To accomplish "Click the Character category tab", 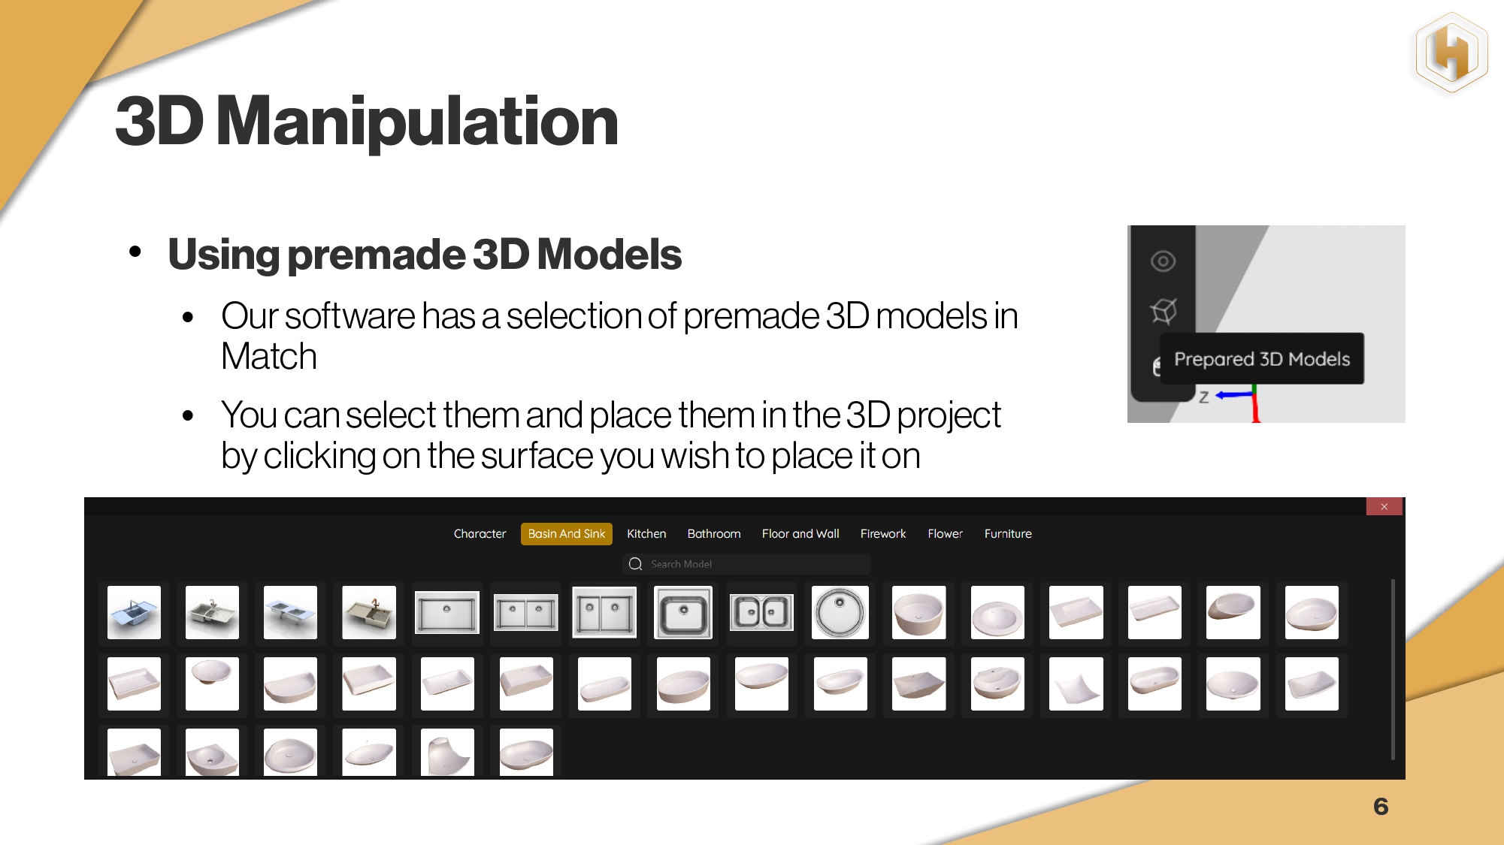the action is (x=480, y=533).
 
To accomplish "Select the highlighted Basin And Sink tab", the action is (x=566, y=533).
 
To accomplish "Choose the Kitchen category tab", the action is (x=646, y=533).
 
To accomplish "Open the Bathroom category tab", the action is (x=714, y=533).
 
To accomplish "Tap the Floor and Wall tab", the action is (x=800, y=533).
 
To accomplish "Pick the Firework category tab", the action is (x=883, y=533).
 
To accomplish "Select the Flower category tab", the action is (x=945, y=533).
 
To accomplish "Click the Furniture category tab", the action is (x=1008, y=533).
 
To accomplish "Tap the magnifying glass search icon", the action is (x=635, y=564).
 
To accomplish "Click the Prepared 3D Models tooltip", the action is (x=1262, y=359).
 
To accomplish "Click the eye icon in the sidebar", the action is (x=1163, y=261).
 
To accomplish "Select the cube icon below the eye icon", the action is (x=1164, y=310).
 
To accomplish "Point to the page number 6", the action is (x=1381, y=807).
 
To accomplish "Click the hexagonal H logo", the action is (x=1452, y=53).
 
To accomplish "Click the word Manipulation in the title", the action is (x=417, y=122).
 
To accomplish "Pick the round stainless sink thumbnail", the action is (x=840, y=612).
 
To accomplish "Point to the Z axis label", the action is (x=1204, y=397).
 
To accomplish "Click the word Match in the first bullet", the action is (x=269, y=356).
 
